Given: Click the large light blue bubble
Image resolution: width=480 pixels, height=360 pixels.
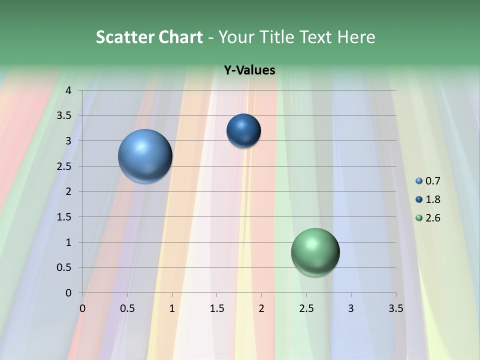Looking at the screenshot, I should (145, 156).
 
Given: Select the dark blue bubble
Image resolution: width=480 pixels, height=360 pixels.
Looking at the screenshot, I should (243, 130).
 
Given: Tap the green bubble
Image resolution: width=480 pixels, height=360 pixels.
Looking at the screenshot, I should (315, 252).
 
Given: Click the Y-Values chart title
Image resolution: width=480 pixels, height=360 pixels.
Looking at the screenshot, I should (249, 70).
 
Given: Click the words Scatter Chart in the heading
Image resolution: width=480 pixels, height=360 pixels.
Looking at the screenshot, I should (149, 37).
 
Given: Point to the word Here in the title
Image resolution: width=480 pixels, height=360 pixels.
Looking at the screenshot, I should (356, 37).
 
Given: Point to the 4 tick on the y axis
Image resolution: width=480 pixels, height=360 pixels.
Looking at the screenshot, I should (69, 90).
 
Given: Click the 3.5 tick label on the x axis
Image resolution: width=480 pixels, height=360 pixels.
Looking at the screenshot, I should (395, 308).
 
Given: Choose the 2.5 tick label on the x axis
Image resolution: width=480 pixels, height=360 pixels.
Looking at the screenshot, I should (306, 308).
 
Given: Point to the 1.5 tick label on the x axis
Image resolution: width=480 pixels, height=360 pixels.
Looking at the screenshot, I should (216, 308).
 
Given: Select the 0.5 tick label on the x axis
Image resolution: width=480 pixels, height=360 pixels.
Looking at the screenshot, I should (127, 308).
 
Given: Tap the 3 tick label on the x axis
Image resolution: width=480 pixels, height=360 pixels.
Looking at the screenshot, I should (351, 308).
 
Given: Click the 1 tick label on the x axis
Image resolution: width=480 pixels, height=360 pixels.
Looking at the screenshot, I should (172, 308).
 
